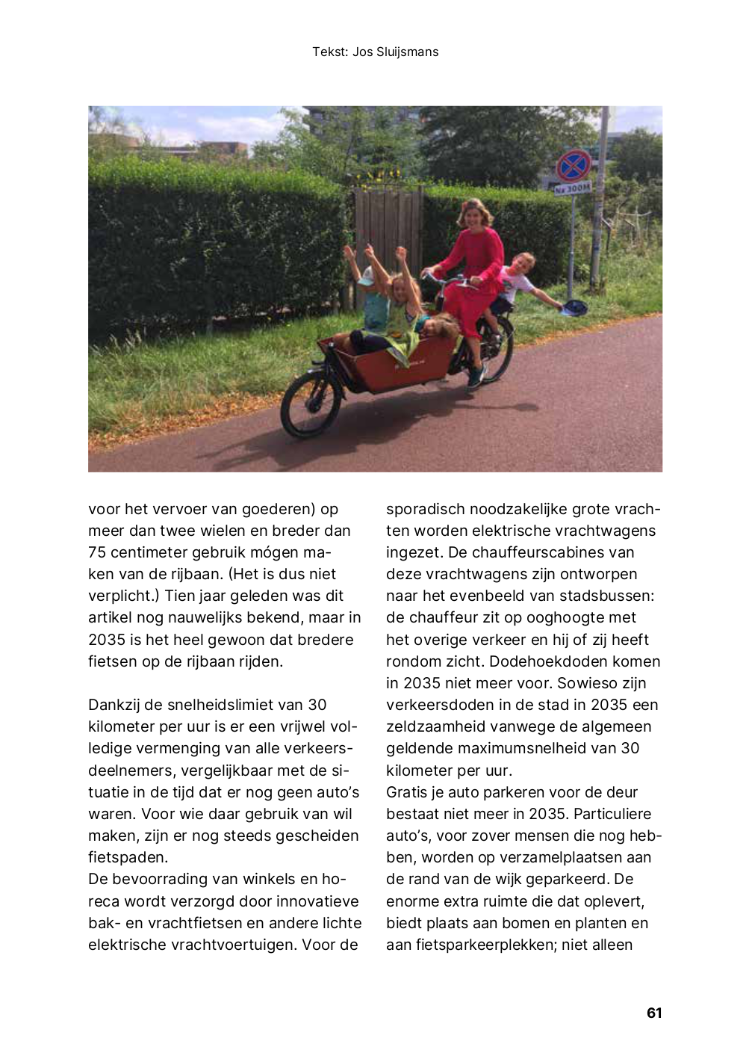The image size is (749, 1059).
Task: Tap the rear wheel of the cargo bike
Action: click(x=494, y=349)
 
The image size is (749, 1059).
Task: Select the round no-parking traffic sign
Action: click(x=573, y=165)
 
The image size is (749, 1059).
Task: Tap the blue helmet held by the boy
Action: click(x=574, y=306)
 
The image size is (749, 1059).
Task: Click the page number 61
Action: click(x=654, y=1013)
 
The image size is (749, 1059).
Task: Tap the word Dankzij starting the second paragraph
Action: click(x=118, y=705)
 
